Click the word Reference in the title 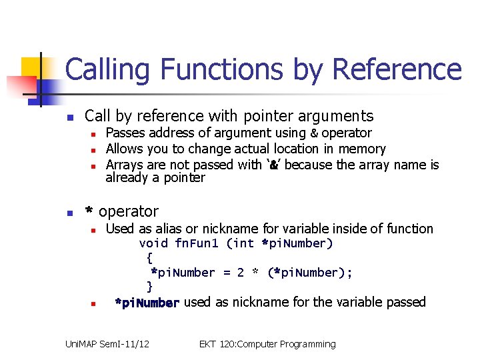396,70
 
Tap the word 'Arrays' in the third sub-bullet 125,164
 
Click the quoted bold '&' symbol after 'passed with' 273,165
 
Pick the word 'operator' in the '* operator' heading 129,212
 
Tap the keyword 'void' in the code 153,243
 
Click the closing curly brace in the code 149,287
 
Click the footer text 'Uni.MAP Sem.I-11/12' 107,344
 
